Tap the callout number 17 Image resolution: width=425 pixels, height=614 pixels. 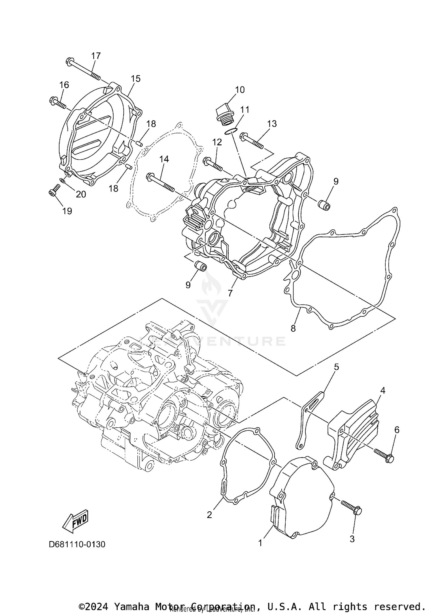tap(96, 56)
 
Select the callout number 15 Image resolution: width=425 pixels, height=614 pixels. tap(136, 79)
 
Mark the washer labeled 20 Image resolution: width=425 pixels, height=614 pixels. tap(62, 180)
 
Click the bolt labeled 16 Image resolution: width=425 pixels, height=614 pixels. tap(58, 103)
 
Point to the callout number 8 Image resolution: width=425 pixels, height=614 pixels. tap(293, 328)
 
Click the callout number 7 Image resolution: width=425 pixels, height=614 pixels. tap(230, 293)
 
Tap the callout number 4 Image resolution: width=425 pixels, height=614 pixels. tap(382, 390)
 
